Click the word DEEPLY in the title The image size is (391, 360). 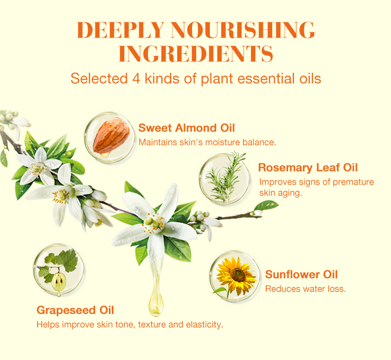pos(120,30)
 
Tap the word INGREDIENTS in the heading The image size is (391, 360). pos(196,53)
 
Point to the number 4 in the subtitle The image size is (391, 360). pos(136,79)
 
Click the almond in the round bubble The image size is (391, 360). pos(111,136)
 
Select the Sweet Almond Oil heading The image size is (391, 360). pos(187,128)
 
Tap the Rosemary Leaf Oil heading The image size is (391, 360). pos(308,168)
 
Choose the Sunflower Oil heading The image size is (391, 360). pos(301,274)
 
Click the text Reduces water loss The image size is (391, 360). pos(305,289)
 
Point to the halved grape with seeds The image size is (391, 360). pos(59,282)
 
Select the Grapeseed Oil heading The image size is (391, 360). pos(75,310)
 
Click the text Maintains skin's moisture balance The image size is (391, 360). pos(207,142)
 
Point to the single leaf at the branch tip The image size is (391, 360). pos(266,206)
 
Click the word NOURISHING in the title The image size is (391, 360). pos(244,30)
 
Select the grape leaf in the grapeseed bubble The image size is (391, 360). pos(67,260)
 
